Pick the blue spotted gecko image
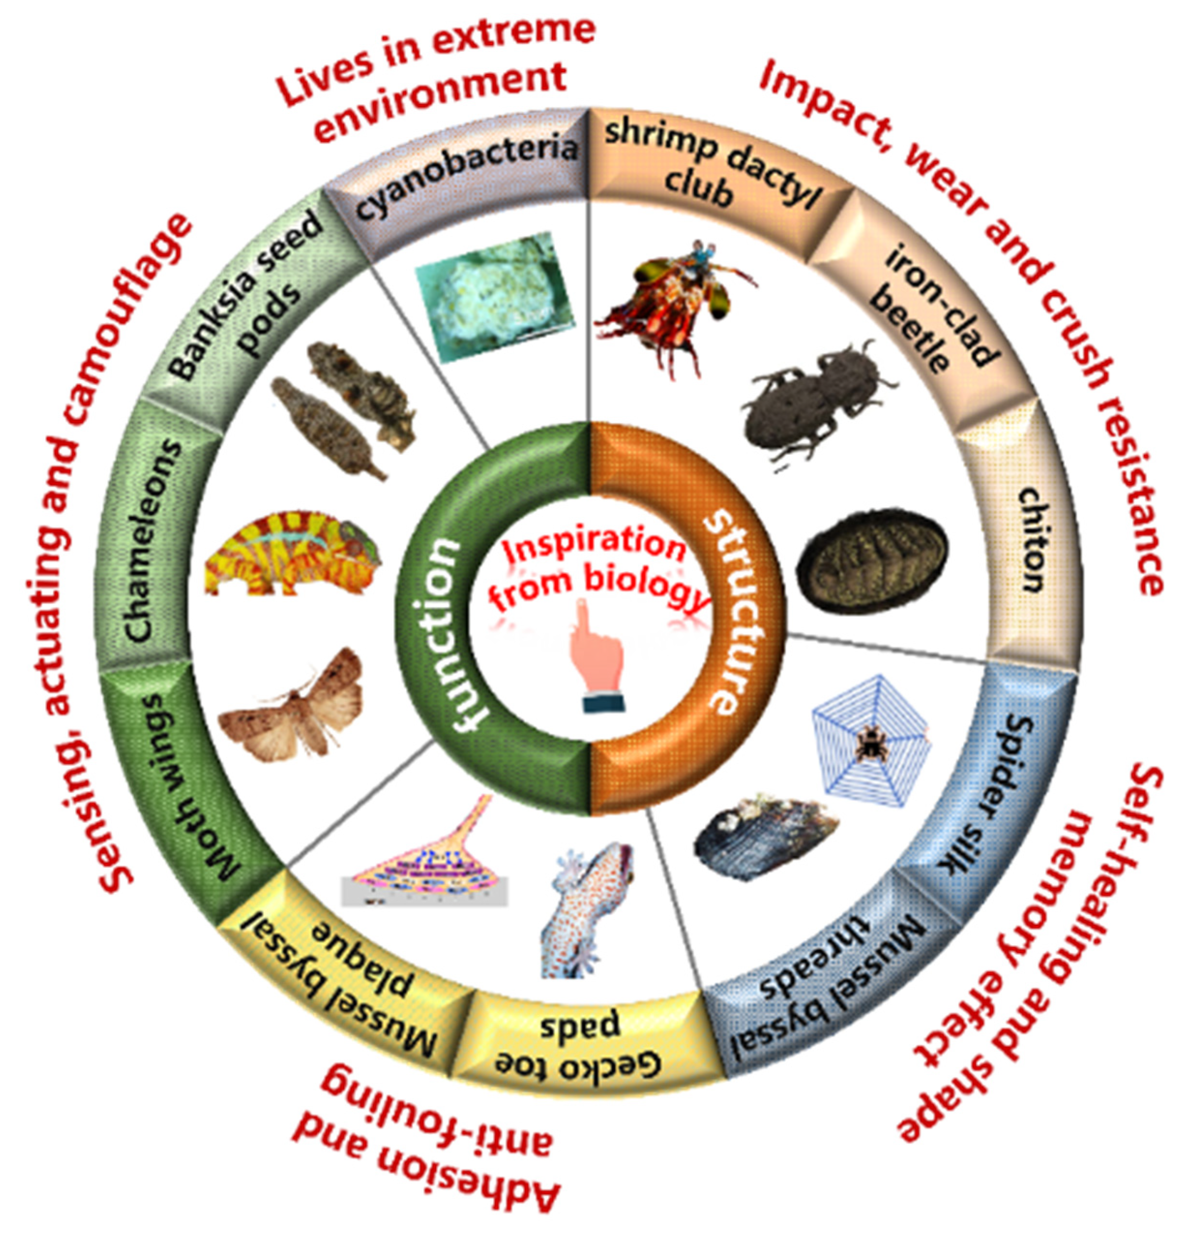tap(586, 907)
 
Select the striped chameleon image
tap(293, 554)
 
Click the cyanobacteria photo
tap(494, 296)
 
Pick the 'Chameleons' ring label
tap(151, 542)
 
